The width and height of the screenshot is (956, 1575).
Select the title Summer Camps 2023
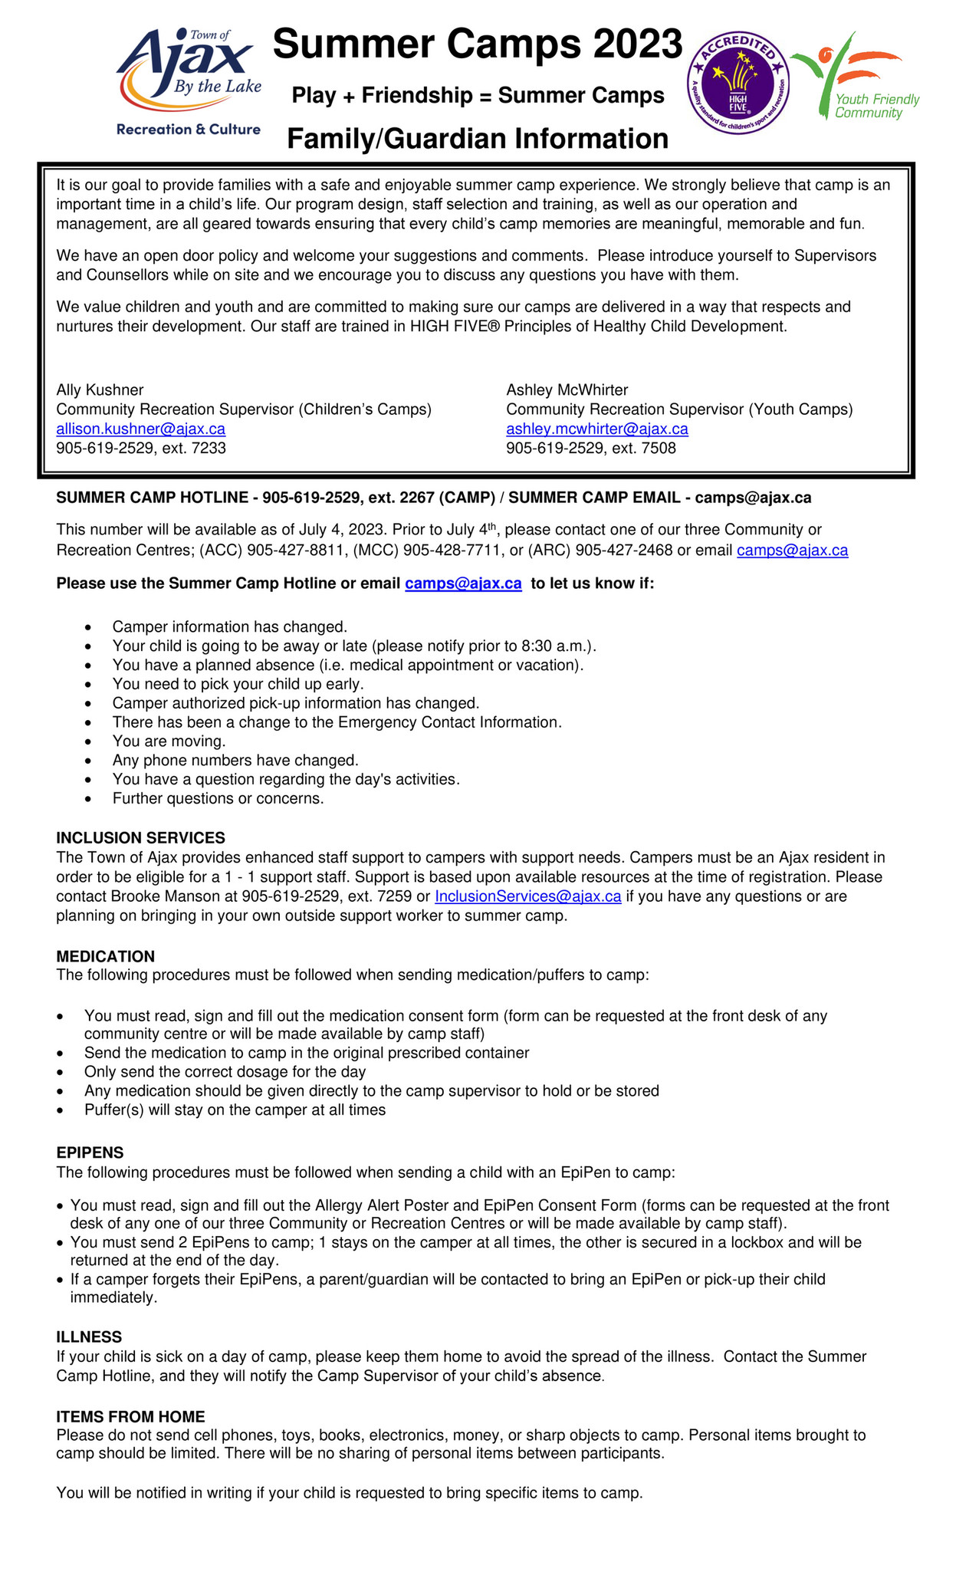477,44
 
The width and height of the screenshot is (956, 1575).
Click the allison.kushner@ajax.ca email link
141,429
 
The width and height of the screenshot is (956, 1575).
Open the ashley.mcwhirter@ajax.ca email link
596,429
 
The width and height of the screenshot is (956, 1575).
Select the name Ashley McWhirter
567,390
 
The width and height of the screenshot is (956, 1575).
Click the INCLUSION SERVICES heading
141,837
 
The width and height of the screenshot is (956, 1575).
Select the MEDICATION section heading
106,956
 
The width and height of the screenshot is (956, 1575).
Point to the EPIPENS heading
90,1152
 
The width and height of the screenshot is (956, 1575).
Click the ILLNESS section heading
89,1337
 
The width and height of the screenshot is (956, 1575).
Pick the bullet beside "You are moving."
90,742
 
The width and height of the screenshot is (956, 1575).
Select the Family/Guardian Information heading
477,139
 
